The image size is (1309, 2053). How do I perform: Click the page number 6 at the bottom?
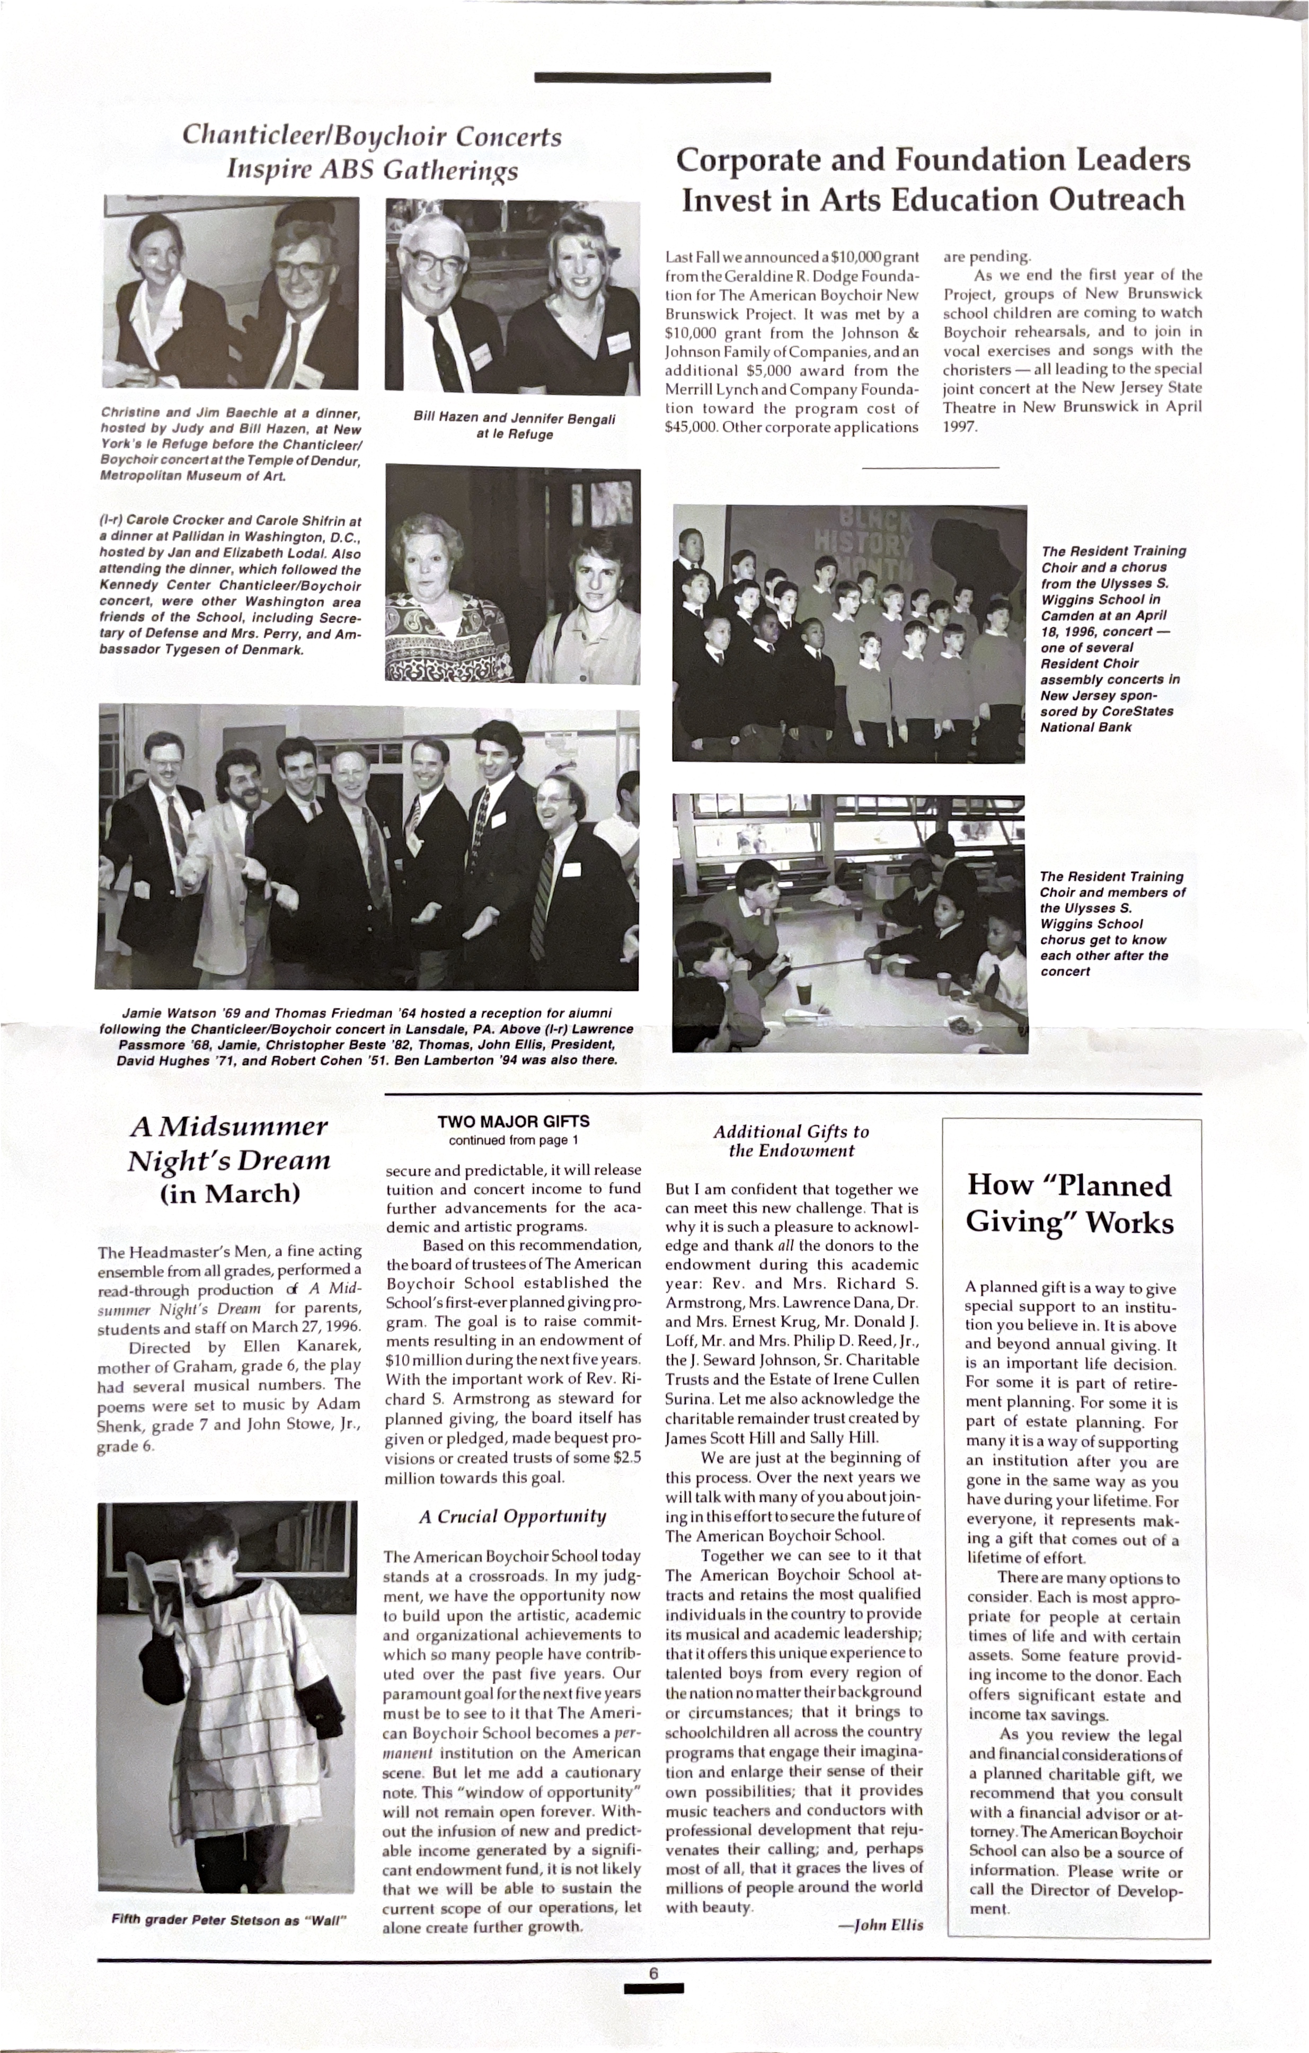(653, 1974)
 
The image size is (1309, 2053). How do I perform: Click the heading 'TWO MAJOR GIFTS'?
(514, 1121)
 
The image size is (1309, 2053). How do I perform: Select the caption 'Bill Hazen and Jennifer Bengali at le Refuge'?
(514, 426)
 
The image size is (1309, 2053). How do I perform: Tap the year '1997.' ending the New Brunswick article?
(959, 426)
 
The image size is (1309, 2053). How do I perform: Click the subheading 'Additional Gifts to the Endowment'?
(791, 1141)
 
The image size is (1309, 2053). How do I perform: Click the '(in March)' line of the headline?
(229, 1193)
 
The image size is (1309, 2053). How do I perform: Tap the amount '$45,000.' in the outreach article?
(691, 427)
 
